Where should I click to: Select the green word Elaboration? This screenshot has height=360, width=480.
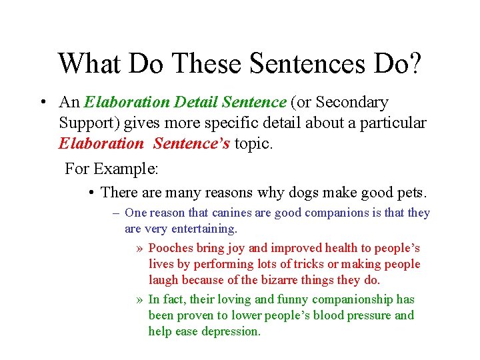click(x=127, y=102)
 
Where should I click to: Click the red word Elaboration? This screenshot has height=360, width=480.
click(x=101, y=143)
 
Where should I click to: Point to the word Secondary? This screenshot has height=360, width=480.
click(x=351, y=102)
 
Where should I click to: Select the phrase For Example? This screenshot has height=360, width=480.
click(x=111, y=169)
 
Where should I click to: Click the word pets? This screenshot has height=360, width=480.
click(x=410, y=193)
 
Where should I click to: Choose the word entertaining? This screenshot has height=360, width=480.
click(x=203, y=229)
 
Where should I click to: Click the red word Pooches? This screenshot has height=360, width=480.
click(x=171, y=248)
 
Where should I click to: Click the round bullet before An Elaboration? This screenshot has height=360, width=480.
click(x=42, y=103)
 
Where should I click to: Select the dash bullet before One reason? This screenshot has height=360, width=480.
click(x=116, y=213)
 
